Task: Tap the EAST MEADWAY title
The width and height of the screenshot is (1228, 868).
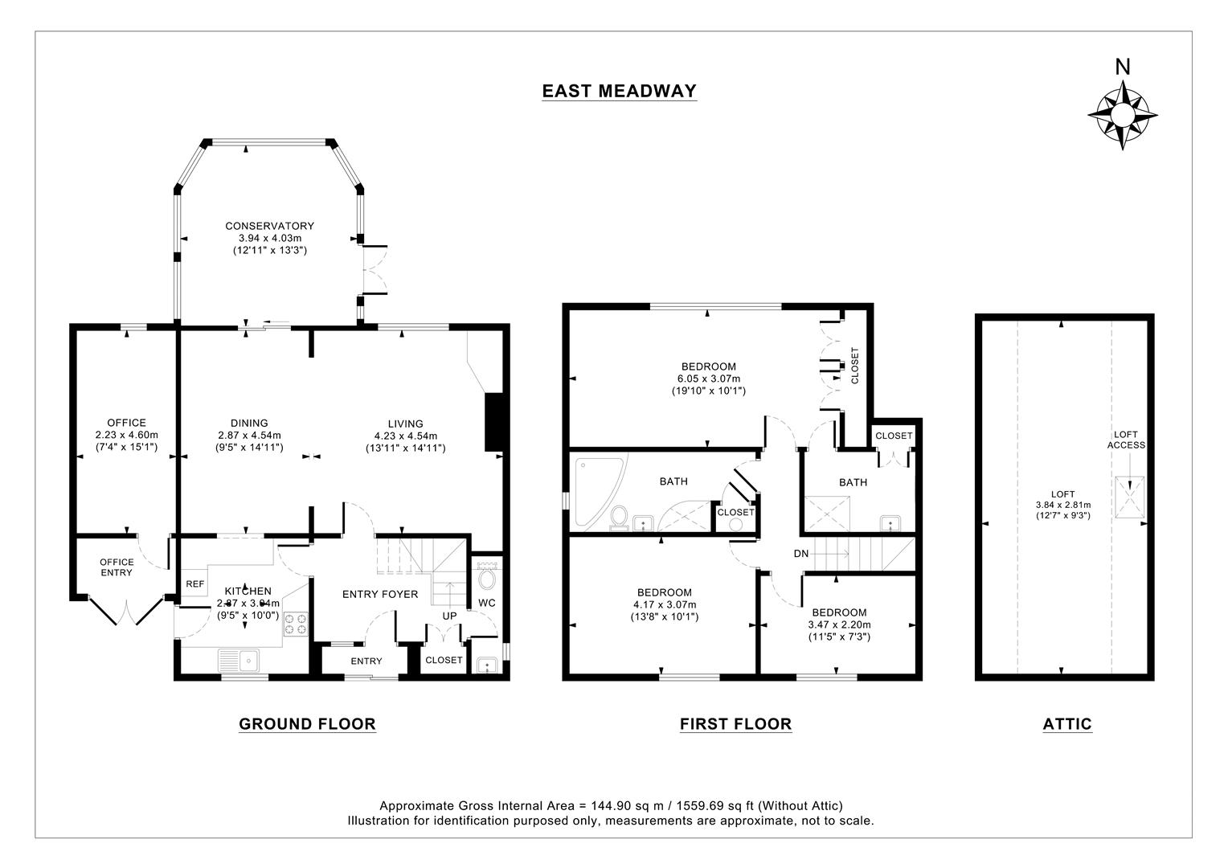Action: click(619, 91)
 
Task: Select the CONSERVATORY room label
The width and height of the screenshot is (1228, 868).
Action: click(269, 226)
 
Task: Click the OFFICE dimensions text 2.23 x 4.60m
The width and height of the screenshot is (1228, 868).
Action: click(127, 435)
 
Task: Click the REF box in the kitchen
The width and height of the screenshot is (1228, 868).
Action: click(194, 584)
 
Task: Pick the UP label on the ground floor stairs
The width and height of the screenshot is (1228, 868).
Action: click(448, 616)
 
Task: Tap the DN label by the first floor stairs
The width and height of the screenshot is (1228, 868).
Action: click(800, 554)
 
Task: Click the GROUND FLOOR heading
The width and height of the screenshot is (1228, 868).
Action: click(307, 724)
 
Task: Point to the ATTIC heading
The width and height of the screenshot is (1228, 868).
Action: click(1067, 724)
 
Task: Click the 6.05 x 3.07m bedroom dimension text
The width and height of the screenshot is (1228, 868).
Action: click(708, 379)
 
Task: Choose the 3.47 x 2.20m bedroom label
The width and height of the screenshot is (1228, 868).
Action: click(839, 624)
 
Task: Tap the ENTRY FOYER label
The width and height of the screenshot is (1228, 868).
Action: click(380, 595)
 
